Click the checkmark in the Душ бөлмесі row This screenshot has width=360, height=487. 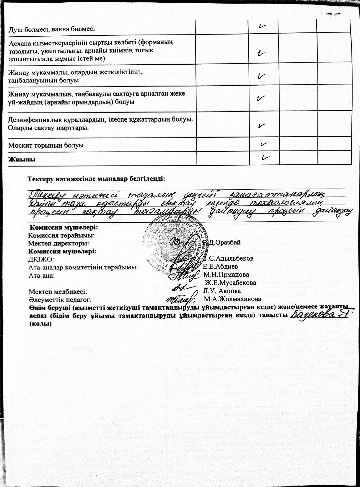click(x=261, y=26)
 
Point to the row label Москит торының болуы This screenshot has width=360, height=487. click(x=46, y=146)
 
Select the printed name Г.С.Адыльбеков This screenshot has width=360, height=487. click(x=228, y=259)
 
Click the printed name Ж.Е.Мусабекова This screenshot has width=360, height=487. click(x=230, y=283)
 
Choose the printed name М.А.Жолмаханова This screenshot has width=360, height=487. click(x=232, y=299)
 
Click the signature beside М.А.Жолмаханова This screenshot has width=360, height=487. click(x=180, y=299)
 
